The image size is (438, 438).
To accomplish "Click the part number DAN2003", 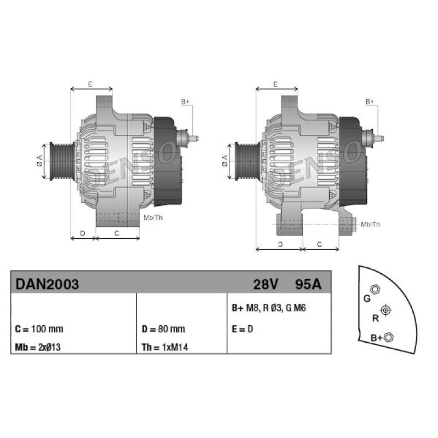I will point(47,284).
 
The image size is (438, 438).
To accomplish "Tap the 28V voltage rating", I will point(266,284).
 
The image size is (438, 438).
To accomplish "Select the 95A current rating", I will point(308,284).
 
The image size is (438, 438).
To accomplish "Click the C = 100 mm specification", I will point(39,329).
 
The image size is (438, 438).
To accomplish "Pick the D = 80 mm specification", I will point(163,329).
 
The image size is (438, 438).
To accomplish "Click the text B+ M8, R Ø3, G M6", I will point(269,308).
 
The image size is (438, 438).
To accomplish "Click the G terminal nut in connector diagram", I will point(374,289).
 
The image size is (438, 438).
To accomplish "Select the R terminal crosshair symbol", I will point(386,310).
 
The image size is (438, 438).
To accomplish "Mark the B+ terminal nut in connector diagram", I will point(389,337).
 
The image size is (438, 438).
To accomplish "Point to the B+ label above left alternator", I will point(185,101).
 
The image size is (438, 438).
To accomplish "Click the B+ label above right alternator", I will point(370,101).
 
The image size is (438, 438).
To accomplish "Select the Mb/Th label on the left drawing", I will point(153,217).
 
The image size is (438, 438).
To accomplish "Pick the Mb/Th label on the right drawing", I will point(371,224).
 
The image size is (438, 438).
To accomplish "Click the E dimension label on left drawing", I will point(90,84).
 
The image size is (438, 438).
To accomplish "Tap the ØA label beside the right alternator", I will point(224,160).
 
